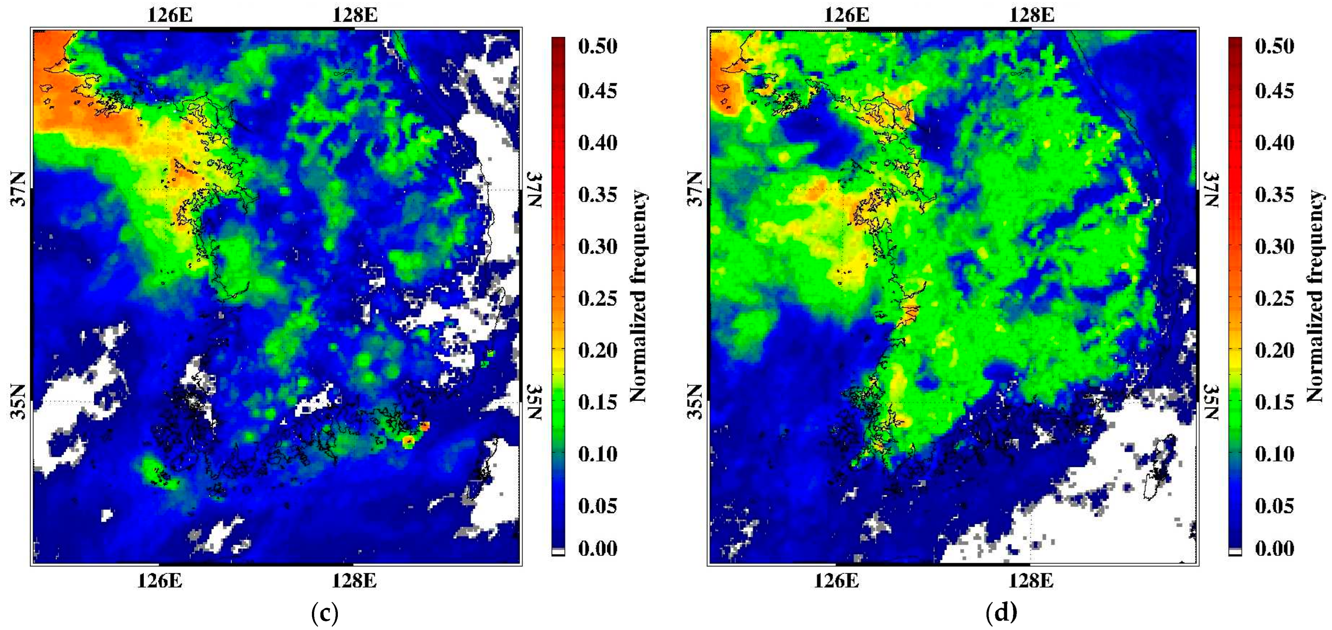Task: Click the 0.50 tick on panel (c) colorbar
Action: (x=597, y=46)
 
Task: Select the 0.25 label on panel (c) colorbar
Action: (x=597, y=299)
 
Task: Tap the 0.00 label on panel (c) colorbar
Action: (x=597, y=548)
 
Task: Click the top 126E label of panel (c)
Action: (x=170, y=15)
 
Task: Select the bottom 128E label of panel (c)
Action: (x=354, y=581)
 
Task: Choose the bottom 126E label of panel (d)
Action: (x=836, y=581)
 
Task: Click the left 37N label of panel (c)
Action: (x=19, y=189)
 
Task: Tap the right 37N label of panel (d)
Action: (x=1212, y=189)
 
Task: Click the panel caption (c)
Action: (x=325, y=614)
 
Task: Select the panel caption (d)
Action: (x=1002, y=614)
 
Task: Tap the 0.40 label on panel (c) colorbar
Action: (x=597, y=143)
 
